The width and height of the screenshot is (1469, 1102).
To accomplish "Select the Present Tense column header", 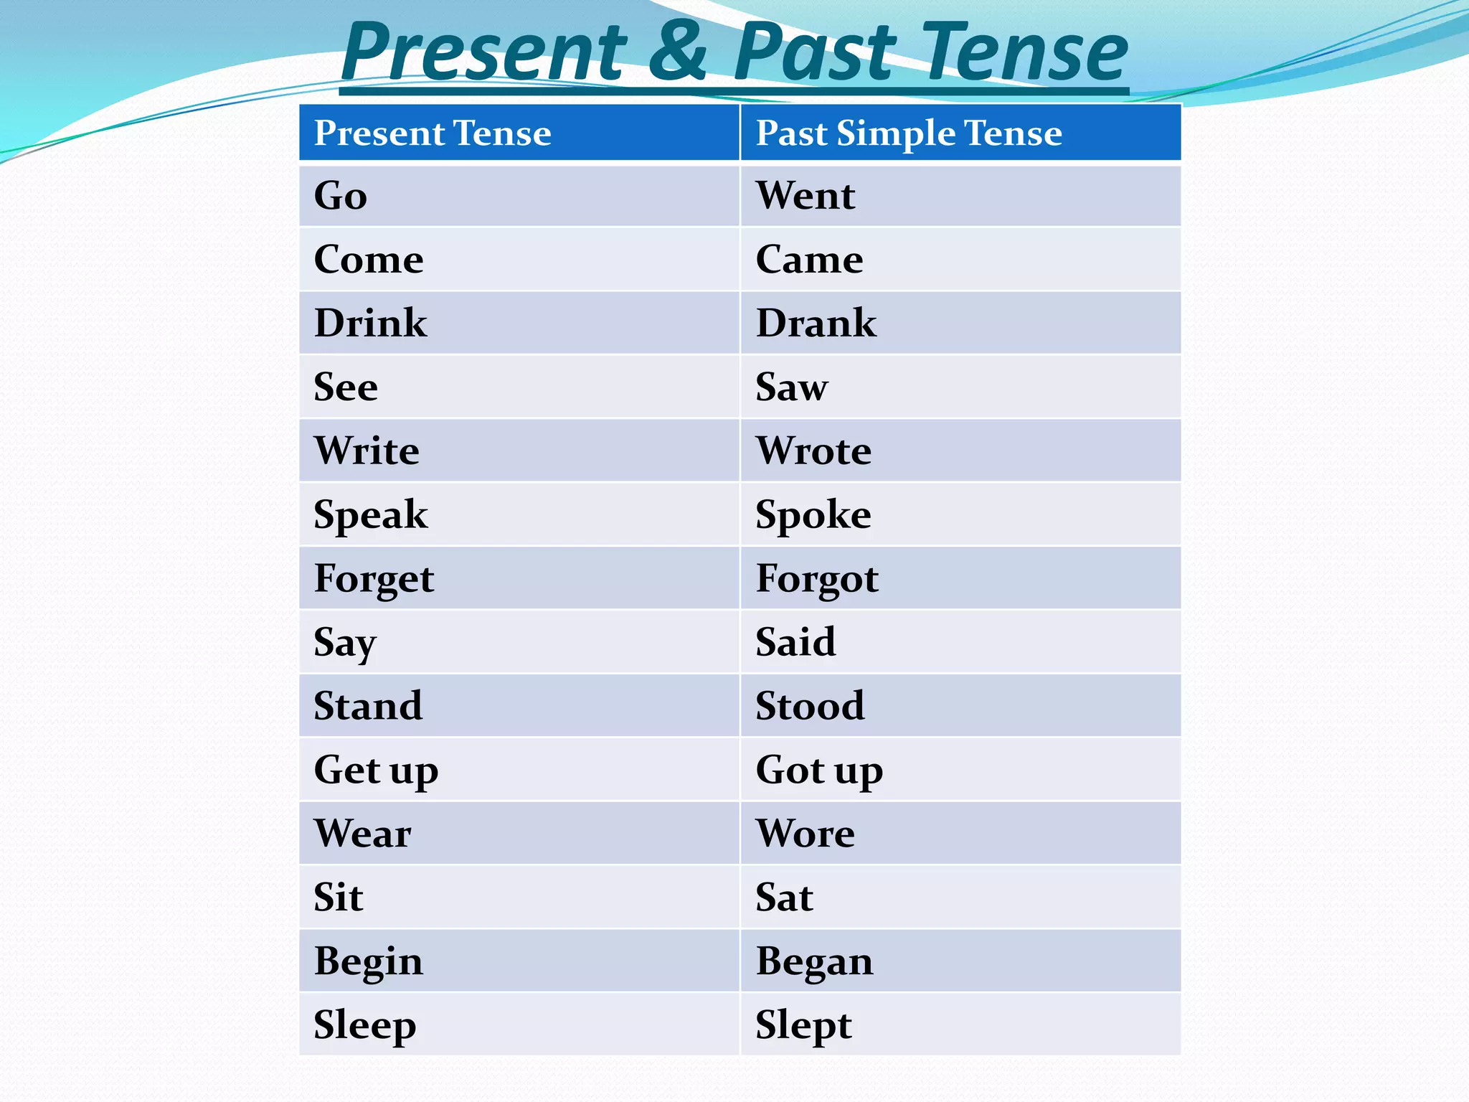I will point(433,133).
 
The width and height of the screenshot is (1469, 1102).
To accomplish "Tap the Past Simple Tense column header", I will point(908,133).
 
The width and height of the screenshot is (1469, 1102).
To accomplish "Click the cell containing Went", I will point(805,196).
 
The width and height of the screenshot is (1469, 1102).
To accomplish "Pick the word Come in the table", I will point(369,260).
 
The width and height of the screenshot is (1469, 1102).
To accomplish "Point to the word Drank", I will point(816,324).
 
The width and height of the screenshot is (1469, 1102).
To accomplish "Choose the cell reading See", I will point(346,387).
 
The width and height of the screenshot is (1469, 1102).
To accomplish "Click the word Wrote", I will point(813,451).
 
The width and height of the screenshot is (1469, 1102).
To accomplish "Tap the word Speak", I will point(370,515).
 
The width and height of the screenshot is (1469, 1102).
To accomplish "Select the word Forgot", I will point(816,579).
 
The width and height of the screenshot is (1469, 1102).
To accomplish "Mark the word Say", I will point(344,643).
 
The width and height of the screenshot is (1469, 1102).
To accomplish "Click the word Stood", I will point(810,706).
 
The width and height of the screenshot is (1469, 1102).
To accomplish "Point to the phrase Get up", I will point(376,771).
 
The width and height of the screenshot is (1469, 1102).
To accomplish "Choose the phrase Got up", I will point(819,771).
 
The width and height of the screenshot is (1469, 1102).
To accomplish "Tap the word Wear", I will point(362,834).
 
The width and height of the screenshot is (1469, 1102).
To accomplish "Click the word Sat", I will point(784,898).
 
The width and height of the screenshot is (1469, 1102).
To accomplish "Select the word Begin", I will point(368,961).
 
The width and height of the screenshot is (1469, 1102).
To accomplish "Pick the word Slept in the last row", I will point(803,1025).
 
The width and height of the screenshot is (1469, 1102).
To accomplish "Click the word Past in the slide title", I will point(816,52).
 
